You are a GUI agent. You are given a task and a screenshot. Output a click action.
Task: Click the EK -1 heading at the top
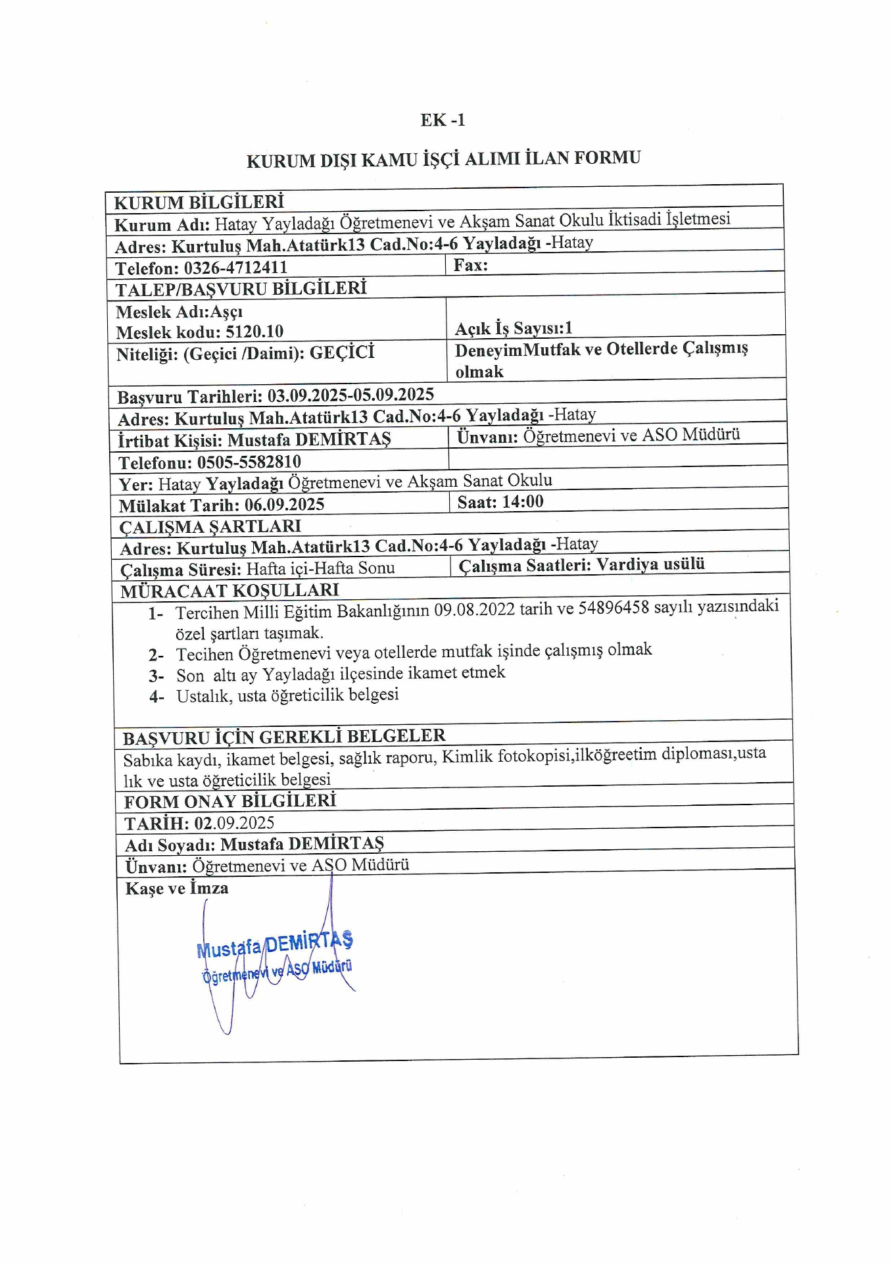443,120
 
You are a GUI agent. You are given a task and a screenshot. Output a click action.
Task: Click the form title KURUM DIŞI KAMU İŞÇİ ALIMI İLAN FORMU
443,159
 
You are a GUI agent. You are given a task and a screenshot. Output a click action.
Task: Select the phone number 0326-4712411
235,268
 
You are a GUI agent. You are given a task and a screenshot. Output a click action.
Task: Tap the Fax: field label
471,265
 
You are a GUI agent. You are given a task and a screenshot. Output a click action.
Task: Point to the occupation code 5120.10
254,332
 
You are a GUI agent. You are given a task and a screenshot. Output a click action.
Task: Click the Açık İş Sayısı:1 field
514,328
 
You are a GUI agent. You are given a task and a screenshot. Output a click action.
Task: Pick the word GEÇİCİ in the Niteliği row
342,353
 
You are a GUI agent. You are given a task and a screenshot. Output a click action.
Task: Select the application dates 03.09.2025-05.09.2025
350,395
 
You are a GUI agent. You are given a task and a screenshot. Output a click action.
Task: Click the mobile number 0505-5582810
249,462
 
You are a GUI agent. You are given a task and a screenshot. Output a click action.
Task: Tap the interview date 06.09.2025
285,505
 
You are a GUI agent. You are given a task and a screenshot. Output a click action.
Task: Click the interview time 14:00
523,502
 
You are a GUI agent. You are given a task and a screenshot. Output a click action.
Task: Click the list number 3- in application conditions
156,676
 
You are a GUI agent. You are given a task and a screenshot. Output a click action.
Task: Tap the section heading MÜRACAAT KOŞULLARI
229,591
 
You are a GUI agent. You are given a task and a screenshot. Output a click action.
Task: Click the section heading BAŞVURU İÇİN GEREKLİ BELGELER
284,736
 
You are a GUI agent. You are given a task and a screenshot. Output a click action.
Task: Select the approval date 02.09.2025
234,823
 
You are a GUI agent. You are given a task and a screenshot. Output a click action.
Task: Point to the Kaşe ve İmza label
177,888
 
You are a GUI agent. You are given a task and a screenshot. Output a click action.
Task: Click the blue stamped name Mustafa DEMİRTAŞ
274,945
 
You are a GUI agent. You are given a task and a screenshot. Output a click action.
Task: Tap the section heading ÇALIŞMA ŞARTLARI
210,527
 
